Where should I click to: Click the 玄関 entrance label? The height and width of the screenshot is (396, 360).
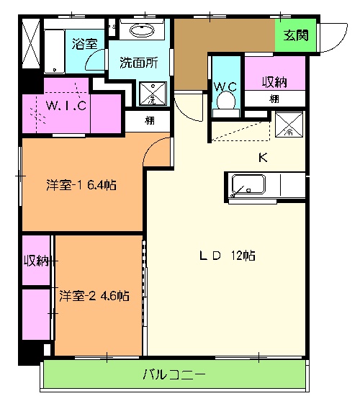(294, 35)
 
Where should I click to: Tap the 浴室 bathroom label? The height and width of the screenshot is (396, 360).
(85, 43)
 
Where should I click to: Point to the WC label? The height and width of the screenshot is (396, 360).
(226, 87)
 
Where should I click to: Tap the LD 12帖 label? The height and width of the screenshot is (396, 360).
(228, 256)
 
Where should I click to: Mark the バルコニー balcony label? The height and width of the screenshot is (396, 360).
(174, 374)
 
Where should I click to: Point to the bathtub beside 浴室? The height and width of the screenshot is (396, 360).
(55, 49)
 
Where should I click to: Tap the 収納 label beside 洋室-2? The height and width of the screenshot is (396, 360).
(36, 261)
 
